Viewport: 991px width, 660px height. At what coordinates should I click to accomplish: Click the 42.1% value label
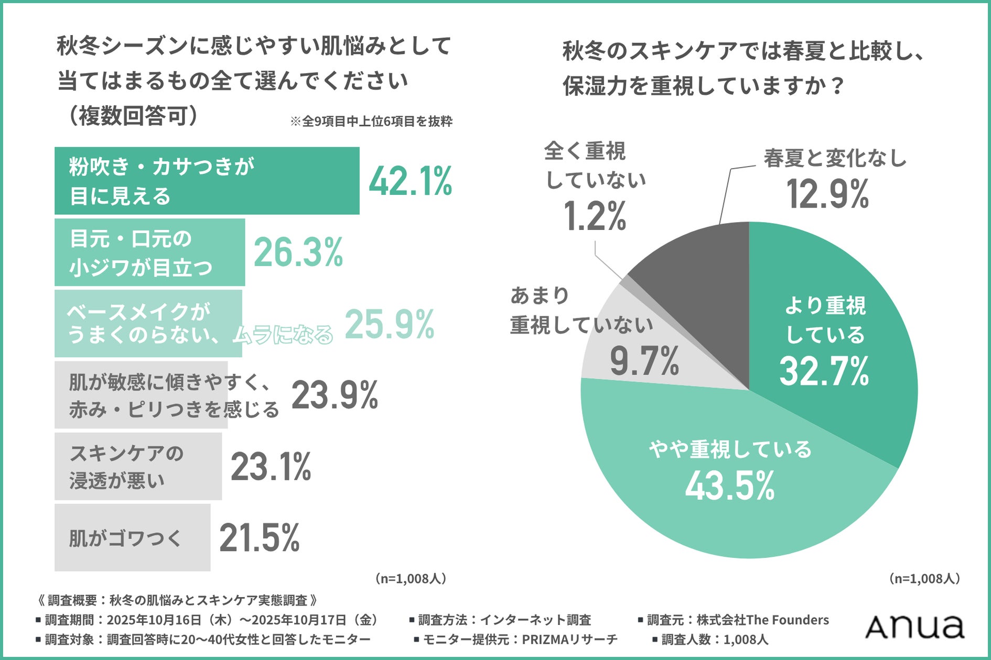click(x=410, y=182)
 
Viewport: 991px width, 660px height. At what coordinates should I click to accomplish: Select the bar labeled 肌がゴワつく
click(x=132, y=538)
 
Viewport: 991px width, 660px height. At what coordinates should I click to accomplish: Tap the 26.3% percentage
click(x=298, y=252)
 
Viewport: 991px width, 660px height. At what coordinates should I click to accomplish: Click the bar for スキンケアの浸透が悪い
click(x=138, y=466)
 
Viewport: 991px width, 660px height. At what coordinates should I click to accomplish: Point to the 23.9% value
click(x=335, y=395)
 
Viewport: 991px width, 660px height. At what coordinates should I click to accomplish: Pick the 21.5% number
click(x=260, y=538)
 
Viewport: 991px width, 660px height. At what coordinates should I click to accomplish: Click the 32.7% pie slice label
click(x=824, y=371)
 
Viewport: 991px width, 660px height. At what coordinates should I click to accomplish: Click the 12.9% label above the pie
click(x=827, y=194)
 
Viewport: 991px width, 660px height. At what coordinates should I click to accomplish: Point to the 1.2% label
click(x=595, y=216)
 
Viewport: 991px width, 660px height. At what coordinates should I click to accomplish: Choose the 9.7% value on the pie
click(x=644, y=361)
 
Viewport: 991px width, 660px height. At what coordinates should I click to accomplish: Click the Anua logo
click(x=914, y=626)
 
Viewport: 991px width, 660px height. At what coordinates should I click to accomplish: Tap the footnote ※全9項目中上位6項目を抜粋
click(x=371, y=122)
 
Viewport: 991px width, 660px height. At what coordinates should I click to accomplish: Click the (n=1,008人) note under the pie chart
click(x=924, y=578)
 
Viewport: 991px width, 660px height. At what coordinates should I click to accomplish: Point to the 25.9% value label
click(x=389, y=324)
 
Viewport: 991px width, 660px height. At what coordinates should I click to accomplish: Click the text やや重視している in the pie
click(x=730, y=449)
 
